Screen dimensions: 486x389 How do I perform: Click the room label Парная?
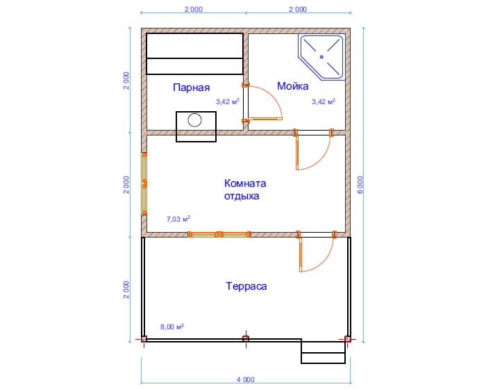(x=191, y=88)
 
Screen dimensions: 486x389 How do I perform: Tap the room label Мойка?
(x=292, y=86)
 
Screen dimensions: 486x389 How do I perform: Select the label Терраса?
(x=246, y=286)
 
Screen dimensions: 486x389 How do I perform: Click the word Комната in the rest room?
(x=245, y=183)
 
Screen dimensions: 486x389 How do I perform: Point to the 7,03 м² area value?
(x=178, y=219)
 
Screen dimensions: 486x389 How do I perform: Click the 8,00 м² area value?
(x=172, y=326)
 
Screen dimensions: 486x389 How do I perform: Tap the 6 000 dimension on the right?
(x=360, y=185)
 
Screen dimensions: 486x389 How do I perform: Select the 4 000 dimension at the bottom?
(x=246, y=380)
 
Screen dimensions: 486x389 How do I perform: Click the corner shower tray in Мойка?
(x=321, y=58)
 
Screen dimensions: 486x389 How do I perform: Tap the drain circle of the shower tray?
(x=321, y=57)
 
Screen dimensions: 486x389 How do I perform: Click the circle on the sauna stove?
(x=194, y=119)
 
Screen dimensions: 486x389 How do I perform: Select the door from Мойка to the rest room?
(x=313, y=149)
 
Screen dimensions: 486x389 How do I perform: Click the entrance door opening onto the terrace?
(x=317, y=251)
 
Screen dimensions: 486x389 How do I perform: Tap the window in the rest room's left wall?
(x=144, y=183)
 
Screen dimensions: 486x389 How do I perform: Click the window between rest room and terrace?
(x=219, y=235)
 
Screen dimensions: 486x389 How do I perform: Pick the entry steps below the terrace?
(x=324, y=352)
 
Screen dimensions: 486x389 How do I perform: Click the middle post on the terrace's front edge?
(x=246, y=338)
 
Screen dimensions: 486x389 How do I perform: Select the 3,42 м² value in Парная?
(x=228, y=101)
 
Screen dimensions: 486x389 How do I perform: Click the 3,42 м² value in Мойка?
(x=324, y=101)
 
